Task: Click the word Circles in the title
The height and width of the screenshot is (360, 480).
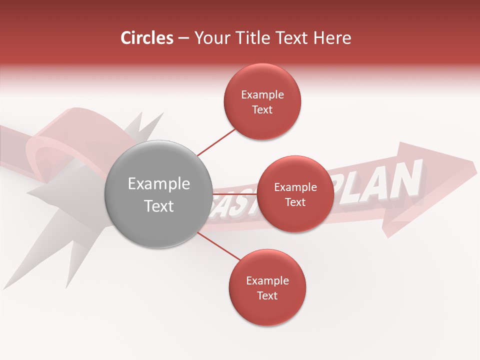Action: click(x=146, y=38)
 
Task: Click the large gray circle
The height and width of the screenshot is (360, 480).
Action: click(x=158, y=225)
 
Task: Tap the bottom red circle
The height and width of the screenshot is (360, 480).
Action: click(x=267, y=310)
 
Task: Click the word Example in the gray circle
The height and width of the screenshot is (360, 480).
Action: click(x=158, y=184)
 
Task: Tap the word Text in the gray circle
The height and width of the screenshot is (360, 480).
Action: click(x=158, y=206)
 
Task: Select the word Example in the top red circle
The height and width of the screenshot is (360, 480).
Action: click(x=262, y=95)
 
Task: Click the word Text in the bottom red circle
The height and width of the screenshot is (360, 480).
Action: click(x=267, y=295)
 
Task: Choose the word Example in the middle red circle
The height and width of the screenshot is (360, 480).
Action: click(x=295, y=187)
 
